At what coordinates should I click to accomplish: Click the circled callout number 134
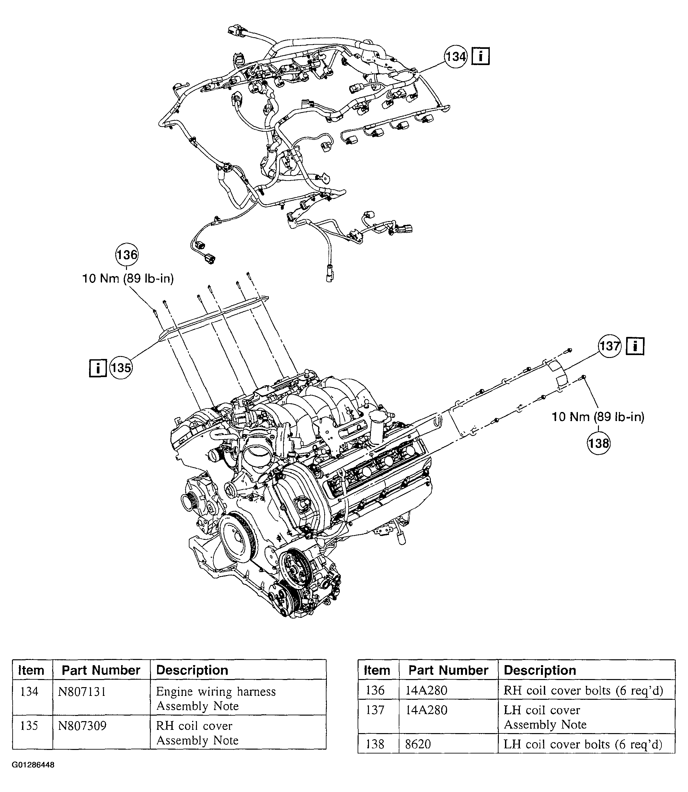(456, 57)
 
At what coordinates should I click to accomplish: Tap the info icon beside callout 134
(480, 56)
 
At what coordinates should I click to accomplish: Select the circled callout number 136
(127, 255)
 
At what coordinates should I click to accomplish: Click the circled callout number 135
(121, 368)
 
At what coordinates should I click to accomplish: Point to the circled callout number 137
(610, 346)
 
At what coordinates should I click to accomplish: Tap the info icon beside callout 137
(635, 346)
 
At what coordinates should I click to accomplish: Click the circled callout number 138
(599, 444)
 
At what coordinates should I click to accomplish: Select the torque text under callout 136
(128, 278)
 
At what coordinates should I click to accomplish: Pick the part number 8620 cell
(418, 744)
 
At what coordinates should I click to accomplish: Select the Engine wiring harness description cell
(216, 698)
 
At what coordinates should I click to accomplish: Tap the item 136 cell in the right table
(375, 690)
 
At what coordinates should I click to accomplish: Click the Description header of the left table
(192, 670)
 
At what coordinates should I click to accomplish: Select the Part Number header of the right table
(448, 670)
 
